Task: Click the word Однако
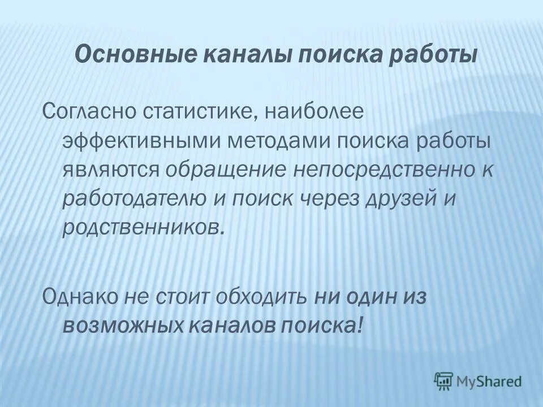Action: (x=79, y=296)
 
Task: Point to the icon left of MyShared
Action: (x=443, y=381)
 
